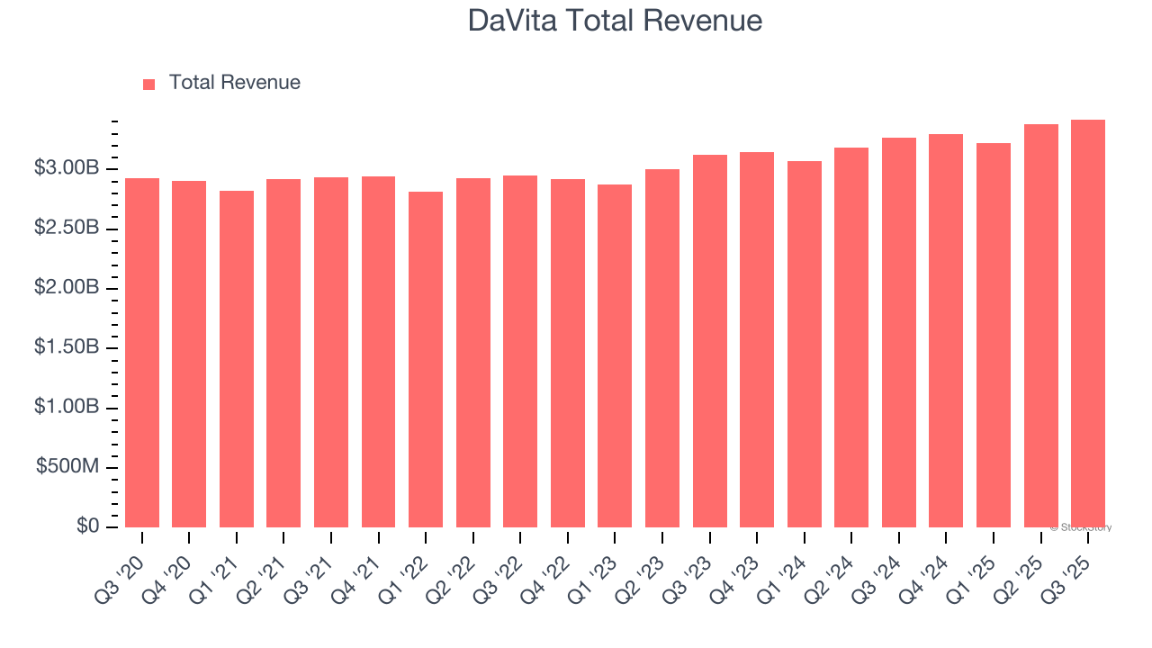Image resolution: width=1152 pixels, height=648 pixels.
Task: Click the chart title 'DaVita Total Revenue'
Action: (615, 21)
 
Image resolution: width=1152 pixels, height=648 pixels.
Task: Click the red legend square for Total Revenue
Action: (149, 84)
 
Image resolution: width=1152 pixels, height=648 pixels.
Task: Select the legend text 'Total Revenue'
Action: (234, 83)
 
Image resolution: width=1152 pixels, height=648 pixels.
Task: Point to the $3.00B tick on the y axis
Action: (67, 168)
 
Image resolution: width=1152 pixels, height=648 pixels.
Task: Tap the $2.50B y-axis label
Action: (67, 229)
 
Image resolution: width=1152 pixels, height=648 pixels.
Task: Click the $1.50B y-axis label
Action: (67, 348)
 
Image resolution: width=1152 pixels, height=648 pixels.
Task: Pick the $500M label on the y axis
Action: (68, 467)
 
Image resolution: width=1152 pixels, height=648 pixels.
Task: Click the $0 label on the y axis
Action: (87, 526)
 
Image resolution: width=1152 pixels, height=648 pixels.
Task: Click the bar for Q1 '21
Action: (237, 359)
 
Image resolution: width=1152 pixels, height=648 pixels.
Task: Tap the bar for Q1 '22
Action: (426, 359)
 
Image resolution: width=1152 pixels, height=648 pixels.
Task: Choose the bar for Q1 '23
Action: (615, 355)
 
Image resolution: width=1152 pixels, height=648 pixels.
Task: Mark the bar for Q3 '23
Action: (709, 341)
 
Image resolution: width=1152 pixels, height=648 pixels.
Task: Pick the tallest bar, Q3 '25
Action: (1088, 323)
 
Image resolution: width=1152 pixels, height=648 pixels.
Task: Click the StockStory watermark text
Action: (1081, 527)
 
